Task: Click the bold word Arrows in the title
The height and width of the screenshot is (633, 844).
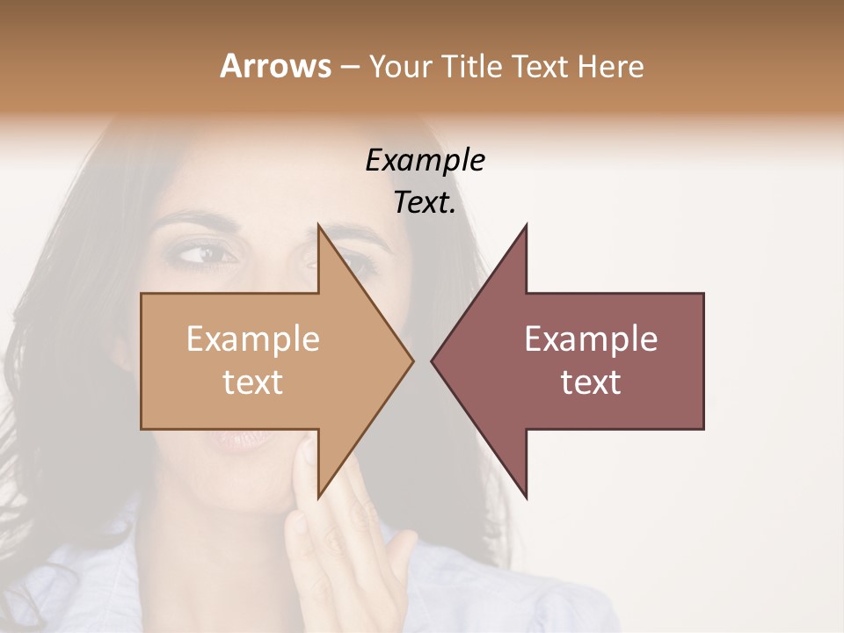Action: click(x=274, y=66)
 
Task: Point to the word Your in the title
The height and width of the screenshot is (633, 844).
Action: click(x=398, y=66)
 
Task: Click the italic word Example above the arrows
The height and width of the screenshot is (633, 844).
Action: click(x=425, y=161)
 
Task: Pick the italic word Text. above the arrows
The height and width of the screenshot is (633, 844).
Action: click(x=425, y=203)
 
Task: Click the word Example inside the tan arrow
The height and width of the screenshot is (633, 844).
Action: click(x=252, y=339)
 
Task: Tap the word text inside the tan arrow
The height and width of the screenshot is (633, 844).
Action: click(x=252, y=382)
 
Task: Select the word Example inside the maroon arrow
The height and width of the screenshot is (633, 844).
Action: click(x=591, y=339)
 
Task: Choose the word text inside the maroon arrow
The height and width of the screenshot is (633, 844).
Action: click(x=591, y=382)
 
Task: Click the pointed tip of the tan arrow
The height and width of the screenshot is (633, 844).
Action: click(x=412, y=360)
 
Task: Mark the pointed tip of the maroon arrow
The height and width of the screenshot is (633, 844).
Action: click(x=433, y=360)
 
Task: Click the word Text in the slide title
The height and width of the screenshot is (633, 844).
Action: click(x=542, y=66)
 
